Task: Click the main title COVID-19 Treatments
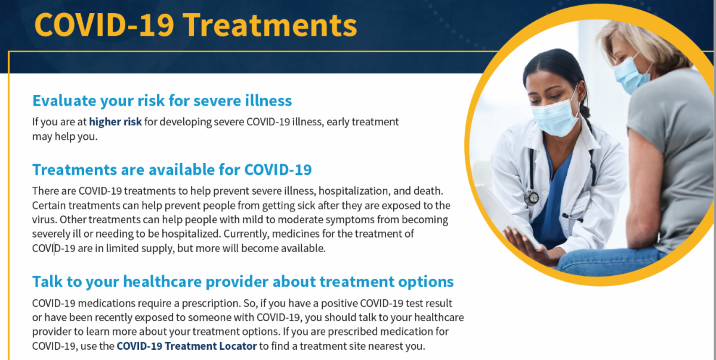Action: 195,25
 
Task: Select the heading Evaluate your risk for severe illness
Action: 162,101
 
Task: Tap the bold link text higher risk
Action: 115,122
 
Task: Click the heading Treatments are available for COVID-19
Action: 172,170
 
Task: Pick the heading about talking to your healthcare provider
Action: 243,282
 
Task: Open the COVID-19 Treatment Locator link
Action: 187,346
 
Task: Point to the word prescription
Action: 211,303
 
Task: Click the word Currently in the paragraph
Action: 246,234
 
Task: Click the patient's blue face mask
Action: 631,75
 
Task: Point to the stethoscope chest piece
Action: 532,198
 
